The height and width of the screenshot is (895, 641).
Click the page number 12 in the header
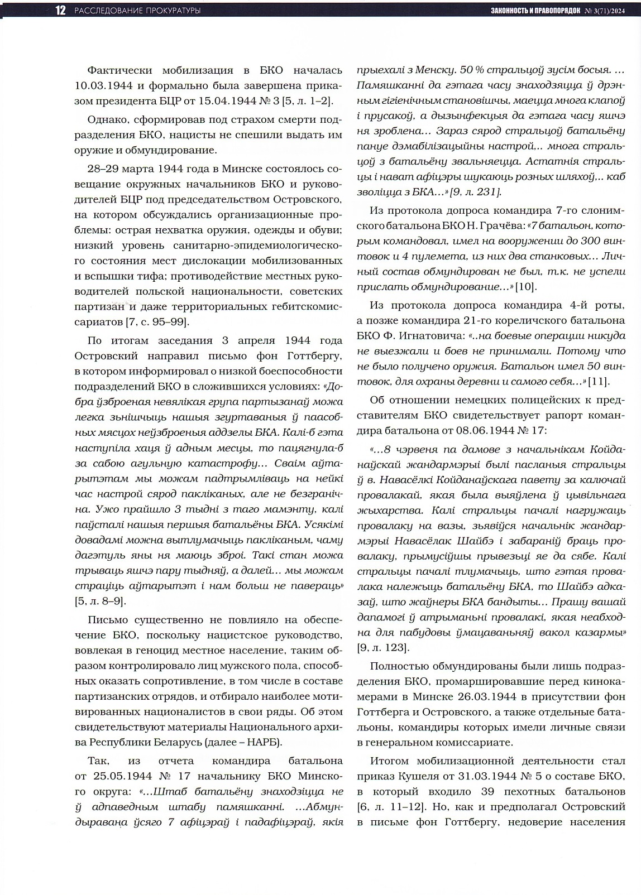click(60, 11)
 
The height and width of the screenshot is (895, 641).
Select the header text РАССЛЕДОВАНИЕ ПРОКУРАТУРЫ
click(137, 11)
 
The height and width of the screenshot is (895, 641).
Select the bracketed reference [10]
click(525, 287)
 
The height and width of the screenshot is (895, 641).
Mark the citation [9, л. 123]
click(383, 648)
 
